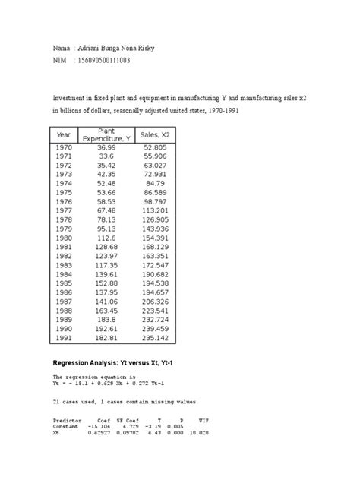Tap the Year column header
pos(65,134)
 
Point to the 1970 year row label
pos(64,147)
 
